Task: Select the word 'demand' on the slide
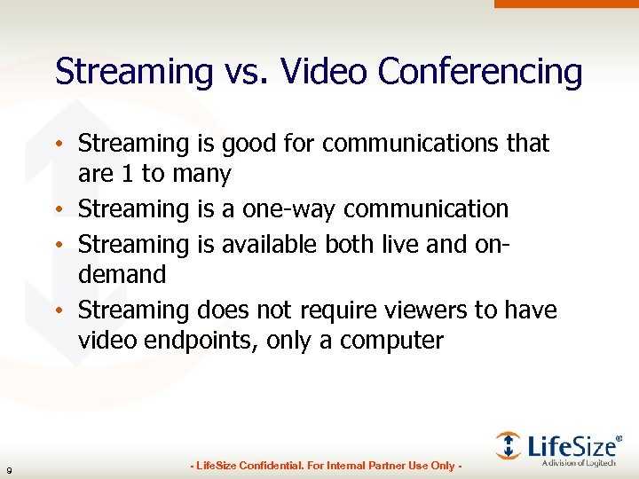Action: pyautogui.click(x=122, y=275)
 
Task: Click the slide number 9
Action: pyautogui.click(x=9, y=468)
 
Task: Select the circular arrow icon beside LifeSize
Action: pyautogui.click(x=509, y=444)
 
